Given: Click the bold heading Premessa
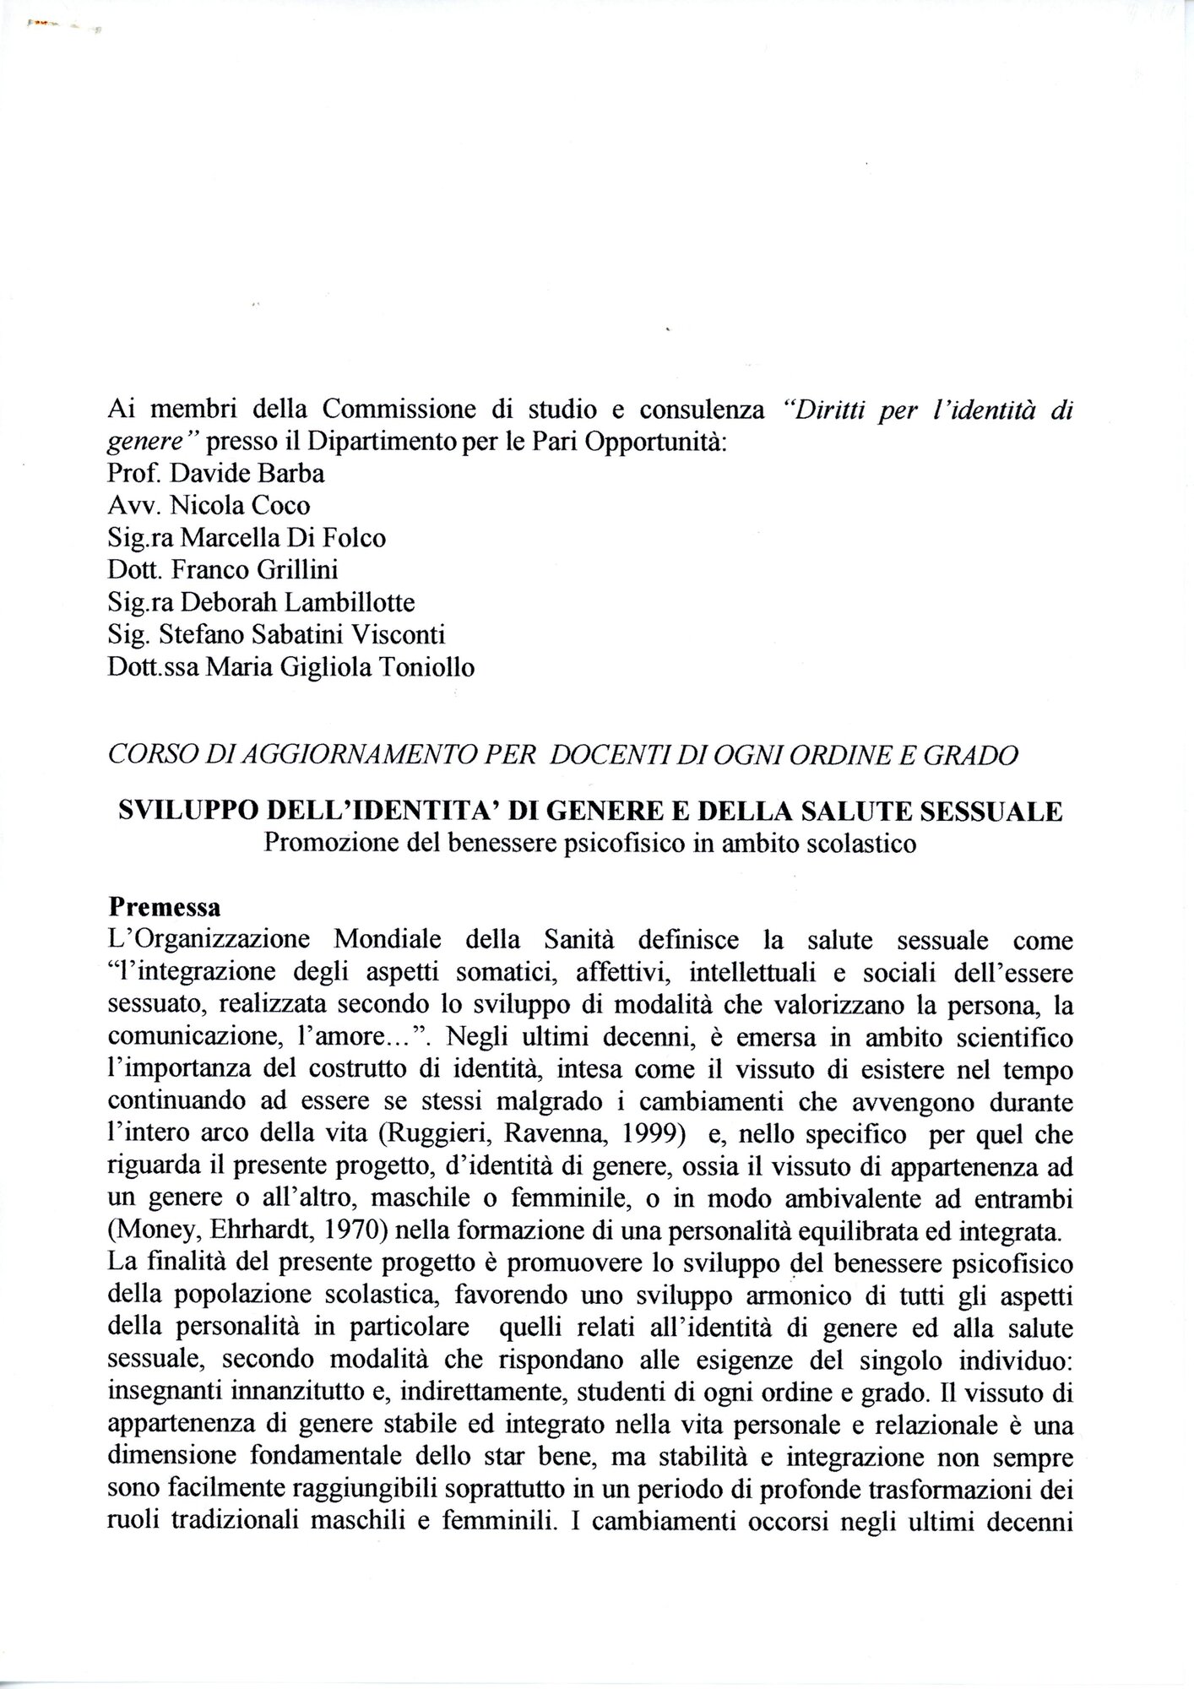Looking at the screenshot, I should click(x=165, y=908).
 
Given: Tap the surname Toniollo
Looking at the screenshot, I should click(x=418, y=668).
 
